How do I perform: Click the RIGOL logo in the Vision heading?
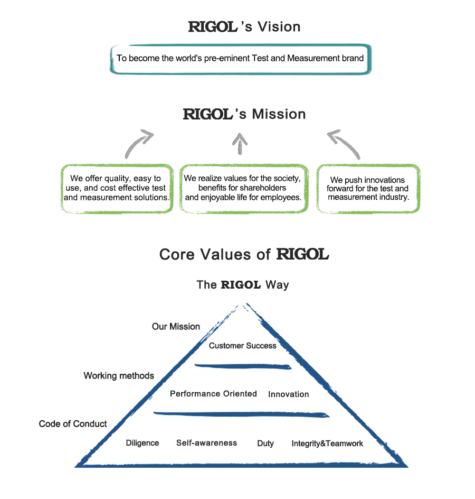pyautogui.click(x=213, y=27)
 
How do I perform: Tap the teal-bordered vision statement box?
pyautogui.click(x=240, y=58)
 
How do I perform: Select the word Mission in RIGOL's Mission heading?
pyautogui.click(x=279, y=114)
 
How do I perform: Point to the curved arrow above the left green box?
pyautogui.click(x=139, y=143)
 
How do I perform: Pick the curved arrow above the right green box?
pyautogui.click(x=344, y=144)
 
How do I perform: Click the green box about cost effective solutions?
pyautogui.click(x=117, y=188)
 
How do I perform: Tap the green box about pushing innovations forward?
pyautogui.click(x=368, y=188)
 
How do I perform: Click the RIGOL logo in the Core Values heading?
pyautogui.click(x=303, y=255)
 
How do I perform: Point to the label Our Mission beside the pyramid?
pyautogui.click(x=176, y=327)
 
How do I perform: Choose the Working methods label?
pyautogui.click(x=119, y=376)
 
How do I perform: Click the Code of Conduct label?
pyautogui.click(x=73, y=424)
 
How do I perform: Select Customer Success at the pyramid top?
pyautogui.click(x=242, y=346)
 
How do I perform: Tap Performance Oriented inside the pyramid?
pyautogui.click(x=213, y=394)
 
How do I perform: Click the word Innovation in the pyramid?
pyautogui.click(x=288, y=394)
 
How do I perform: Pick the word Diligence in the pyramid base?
pyautogui.click(x=142, y=443)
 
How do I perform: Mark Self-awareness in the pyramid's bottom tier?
pyautogui.click(x=206, y=443)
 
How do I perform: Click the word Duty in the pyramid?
pyautogui.click(x=265, y=443)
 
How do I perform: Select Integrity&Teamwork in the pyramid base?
pyautogui.click(x=327, y=443)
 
